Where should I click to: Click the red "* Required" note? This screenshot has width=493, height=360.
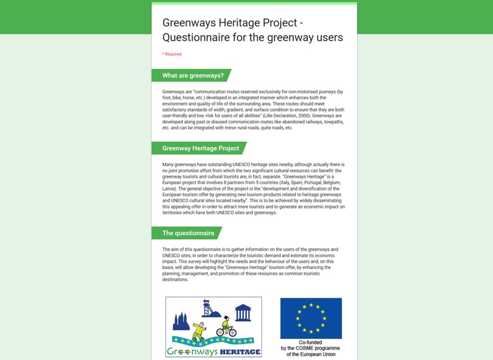(x=172, y=54)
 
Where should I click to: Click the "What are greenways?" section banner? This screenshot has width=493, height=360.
(x=193, y=75)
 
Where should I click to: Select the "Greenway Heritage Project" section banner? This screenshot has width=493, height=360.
(x=201, y=148)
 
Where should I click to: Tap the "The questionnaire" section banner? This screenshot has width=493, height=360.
(x=188, y=233)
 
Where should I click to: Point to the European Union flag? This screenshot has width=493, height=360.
(x=311, y=318)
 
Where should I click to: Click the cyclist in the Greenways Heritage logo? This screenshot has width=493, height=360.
(x=226, y=326)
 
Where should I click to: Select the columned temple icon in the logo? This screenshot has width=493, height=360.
(x=243, y=313)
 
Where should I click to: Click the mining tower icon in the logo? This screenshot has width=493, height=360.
(x=209, y=308)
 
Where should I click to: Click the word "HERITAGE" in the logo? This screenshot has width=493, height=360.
(x=240, y=352)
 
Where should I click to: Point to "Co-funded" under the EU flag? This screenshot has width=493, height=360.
(x=311, y=343)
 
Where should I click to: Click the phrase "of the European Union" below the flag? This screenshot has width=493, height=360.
(x=311, y=354)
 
